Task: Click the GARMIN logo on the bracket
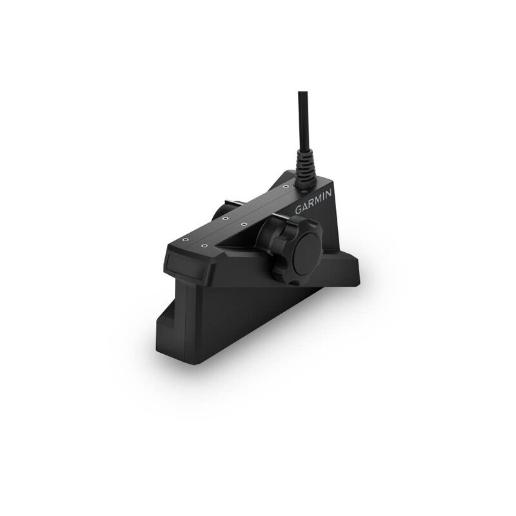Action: pyautogui.click(x=314, y=202)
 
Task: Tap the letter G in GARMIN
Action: pyautogui.click(x=299, y=210)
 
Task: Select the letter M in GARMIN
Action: pyautogui.click(x=318, y=200)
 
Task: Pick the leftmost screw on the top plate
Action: pyautogui.click(x=186, y=238)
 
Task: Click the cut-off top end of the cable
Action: pyautogui.click(x=302, y=94)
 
